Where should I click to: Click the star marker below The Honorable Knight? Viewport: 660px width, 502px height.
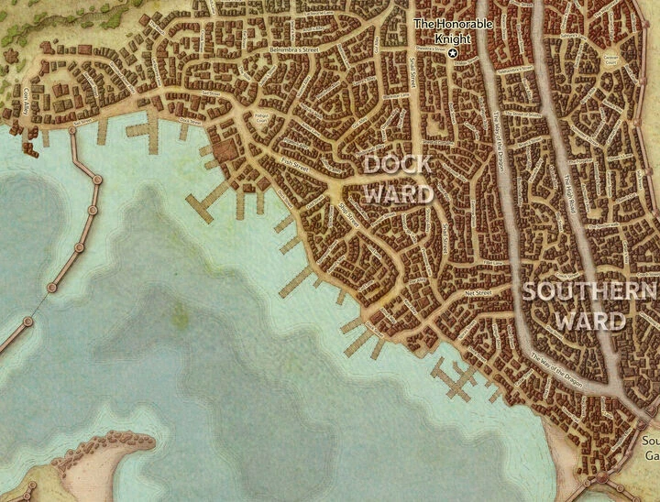(x=452, y=54)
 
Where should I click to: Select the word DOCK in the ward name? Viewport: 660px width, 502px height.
(x=397, y=166)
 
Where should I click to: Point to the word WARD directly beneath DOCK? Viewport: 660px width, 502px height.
(x=398, y=193)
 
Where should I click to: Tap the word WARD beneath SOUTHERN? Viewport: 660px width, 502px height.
(x=590, y=321)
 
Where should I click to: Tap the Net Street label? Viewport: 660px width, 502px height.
(x=478, y=293)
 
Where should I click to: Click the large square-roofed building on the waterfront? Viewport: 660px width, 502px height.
(x=223, y=145)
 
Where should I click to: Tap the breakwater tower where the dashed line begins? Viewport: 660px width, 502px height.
(x=52, y=288)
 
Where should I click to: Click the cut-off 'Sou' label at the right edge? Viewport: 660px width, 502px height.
(x=650, y=440)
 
